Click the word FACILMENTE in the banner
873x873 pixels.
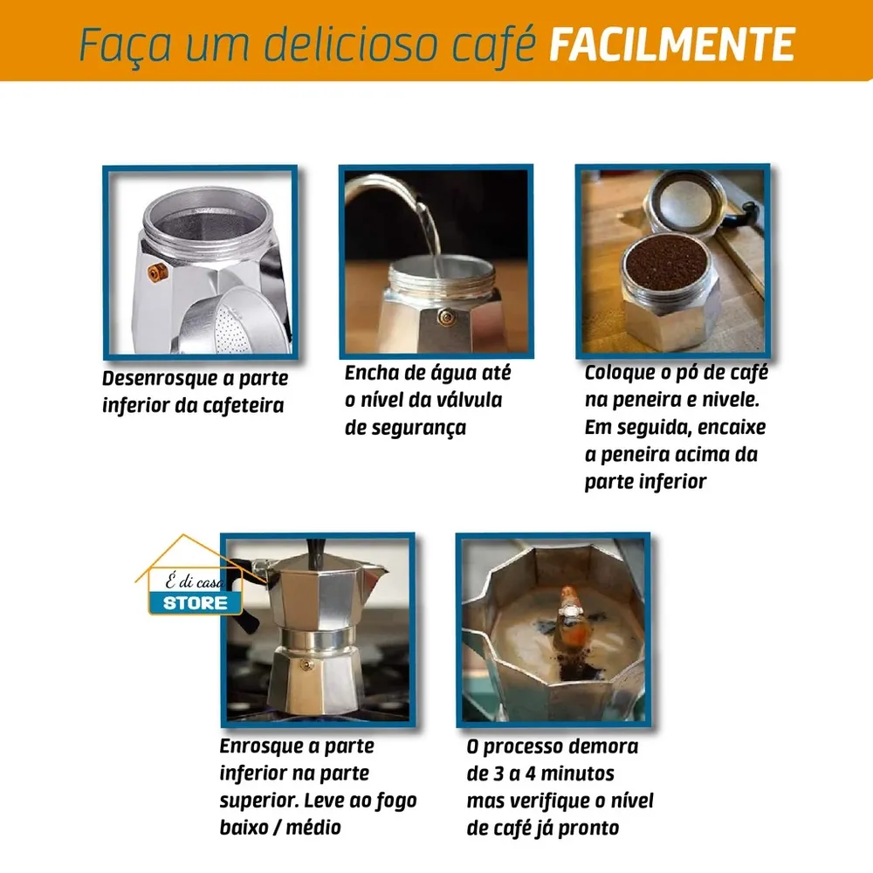(x=672, y=44)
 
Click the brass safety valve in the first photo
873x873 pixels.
(x=157, y=272)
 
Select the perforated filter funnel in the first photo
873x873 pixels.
(x=234, y=322)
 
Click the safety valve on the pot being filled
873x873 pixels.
(x=445, y=318)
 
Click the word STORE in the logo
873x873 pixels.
(x=195, y=603)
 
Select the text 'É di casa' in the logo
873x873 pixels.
(x=195, y=581)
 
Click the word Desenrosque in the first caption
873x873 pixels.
(x=159, y=379)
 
